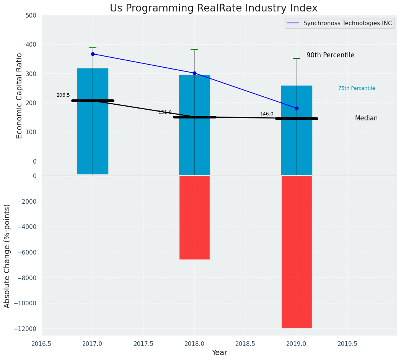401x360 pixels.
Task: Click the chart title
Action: tap(214, 8)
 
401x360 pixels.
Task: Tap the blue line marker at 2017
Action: tap(93, 54)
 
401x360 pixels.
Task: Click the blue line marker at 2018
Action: tap(194, 73)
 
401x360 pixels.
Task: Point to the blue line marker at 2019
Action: tap(297, 108)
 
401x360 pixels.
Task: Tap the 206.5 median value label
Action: tap(63, 95)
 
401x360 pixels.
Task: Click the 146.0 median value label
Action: tap(267, 114)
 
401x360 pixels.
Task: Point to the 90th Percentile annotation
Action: tap(330, 55)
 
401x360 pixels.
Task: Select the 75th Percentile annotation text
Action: tap(357, 88)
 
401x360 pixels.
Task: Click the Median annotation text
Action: tap(366, 118)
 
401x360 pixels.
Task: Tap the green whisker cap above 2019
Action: tap(297, 58)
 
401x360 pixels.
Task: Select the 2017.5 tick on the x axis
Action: tap(143, 344)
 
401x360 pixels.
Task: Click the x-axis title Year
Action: tap(219, 353)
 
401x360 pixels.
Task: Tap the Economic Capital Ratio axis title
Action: tap(20, 96)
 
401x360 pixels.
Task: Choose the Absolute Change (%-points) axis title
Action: tap(7, 256)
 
